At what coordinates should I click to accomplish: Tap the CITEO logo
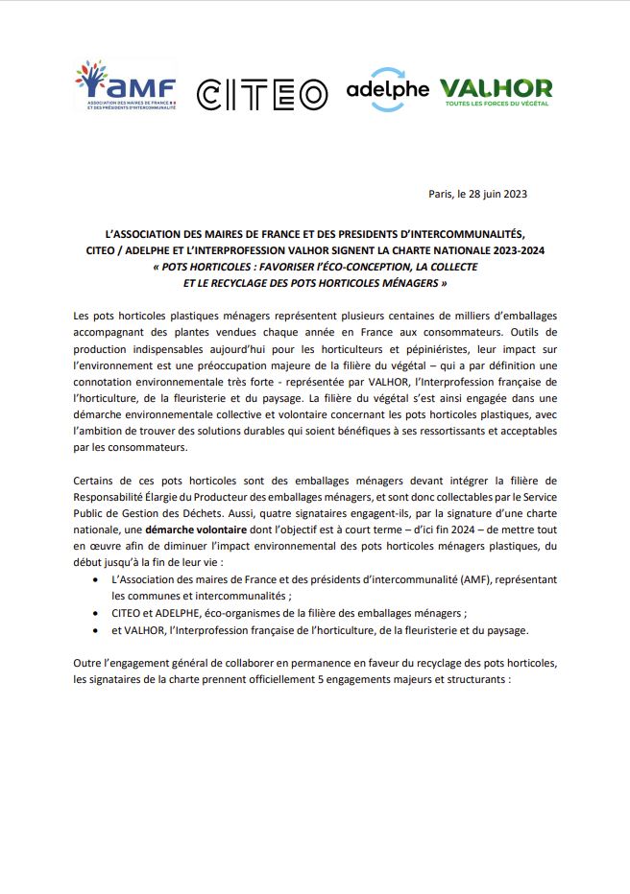(x=261, y=94)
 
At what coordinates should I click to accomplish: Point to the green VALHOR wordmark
(x=496, y=88)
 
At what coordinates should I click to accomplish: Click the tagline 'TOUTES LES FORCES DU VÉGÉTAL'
(x=497, y=106)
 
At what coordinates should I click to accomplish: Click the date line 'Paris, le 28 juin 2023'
(x=477, y=194)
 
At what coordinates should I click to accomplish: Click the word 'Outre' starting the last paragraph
(x=88, y=665)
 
